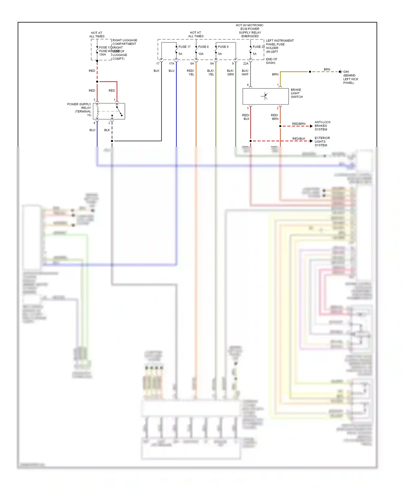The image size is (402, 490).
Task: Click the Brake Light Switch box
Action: pos(265,96)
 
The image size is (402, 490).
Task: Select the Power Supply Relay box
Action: pos(109,111)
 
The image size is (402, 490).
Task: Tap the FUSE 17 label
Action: pos(184,47)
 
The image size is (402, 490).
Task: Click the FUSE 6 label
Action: pos(203,47)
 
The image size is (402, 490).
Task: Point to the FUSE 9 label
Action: pos(223,47)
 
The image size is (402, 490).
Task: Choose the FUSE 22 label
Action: pos(259,47)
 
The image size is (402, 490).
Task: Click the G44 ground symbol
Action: pos(340,72)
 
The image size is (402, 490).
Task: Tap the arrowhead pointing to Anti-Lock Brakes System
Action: pos(311,126)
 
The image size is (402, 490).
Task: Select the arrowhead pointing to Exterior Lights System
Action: pos(311,141)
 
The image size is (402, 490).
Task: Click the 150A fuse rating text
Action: pos(103,54)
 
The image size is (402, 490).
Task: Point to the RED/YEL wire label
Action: pos(191,72)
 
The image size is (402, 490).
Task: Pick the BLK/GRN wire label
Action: pos(230,72)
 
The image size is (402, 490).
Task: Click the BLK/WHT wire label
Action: pos(245,72)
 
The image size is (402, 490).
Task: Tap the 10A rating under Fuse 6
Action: pos(201,54)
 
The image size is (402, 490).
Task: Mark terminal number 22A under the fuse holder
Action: pos(246,64)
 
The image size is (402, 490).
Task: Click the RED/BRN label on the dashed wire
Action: pos(299,124)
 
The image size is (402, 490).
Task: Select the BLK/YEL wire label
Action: pos(211,72)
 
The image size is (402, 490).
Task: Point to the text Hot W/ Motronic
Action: pos(250,25)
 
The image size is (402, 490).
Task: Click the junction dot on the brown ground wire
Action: pos(310,72)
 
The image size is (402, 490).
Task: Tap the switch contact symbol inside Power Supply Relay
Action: pos(119,111)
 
